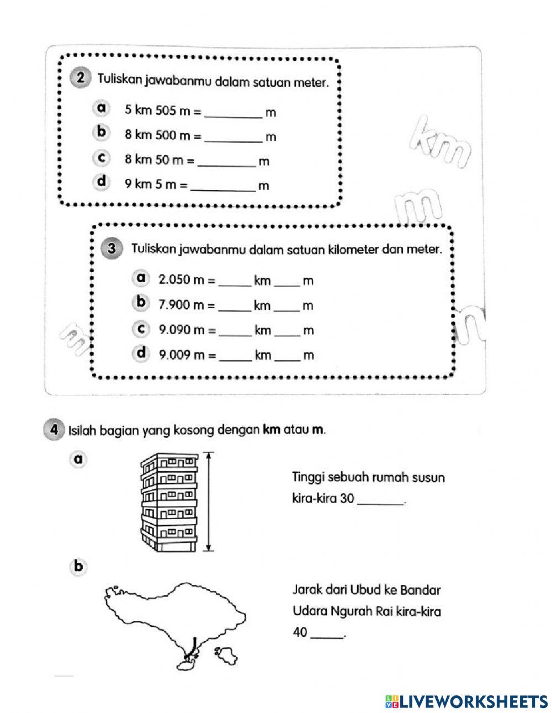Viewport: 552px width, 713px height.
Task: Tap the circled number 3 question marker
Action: pyautogui.click(x=113, y=249)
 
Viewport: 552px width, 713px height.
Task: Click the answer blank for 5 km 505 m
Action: pyautogui.click(x=233, y=113)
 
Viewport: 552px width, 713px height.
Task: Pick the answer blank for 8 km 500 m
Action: pyautogui.click(x=233, y=137)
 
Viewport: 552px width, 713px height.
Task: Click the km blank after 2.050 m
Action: pyautogui.click(x=235, y=282)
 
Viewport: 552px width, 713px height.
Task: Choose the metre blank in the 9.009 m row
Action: pyautogui.click(x=287, y=356)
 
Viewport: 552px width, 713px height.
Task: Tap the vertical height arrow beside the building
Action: pyautogui.click(x=209, y=501)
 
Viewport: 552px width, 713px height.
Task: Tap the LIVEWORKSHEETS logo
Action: pyautogui.click(x=466, y=701)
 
